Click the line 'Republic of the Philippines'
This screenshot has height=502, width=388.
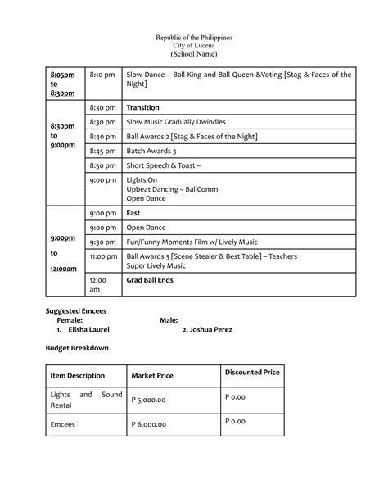click(x=194, y=38)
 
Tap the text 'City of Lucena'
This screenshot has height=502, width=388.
click(x=194, y=46)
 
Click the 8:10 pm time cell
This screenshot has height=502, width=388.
click(x=102, y=75)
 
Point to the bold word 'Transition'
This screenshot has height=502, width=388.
click(x=142, y=108)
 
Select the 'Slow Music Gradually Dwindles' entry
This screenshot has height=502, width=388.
click(x=174, y=122)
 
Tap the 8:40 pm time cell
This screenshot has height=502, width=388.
click(x=102, y=136)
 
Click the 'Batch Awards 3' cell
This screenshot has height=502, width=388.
click(x=151, y=151)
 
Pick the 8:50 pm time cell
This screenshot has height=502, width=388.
click(x=102, y=165)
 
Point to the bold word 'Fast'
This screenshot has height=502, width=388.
click(x=133, y=213)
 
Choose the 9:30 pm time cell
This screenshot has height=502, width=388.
click(x=102, y=242)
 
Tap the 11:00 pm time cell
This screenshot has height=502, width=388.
click(x=103, y=256)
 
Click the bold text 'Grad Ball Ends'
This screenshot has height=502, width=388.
click(x=149, y=280)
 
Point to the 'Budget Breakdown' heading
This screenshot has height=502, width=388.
click(x=75, y=348)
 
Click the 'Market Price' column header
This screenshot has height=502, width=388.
click(x=152, y=376)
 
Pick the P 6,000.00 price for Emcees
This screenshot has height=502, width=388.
click(x=149, y=424)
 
